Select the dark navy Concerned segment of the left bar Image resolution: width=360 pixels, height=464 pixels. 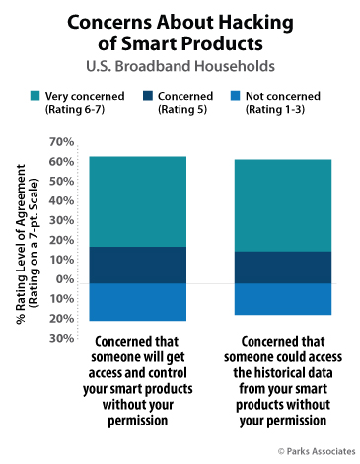137,265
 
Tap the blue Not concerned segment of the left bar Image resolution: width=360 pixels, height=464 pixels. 137,302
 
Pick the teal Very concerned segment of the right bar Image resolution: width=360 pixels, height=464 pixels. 282,205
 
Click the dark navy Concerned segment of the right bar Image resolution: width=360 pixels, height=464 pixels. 282,267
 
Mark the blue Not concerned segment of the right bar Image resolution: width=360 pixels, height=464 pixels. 282,299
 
